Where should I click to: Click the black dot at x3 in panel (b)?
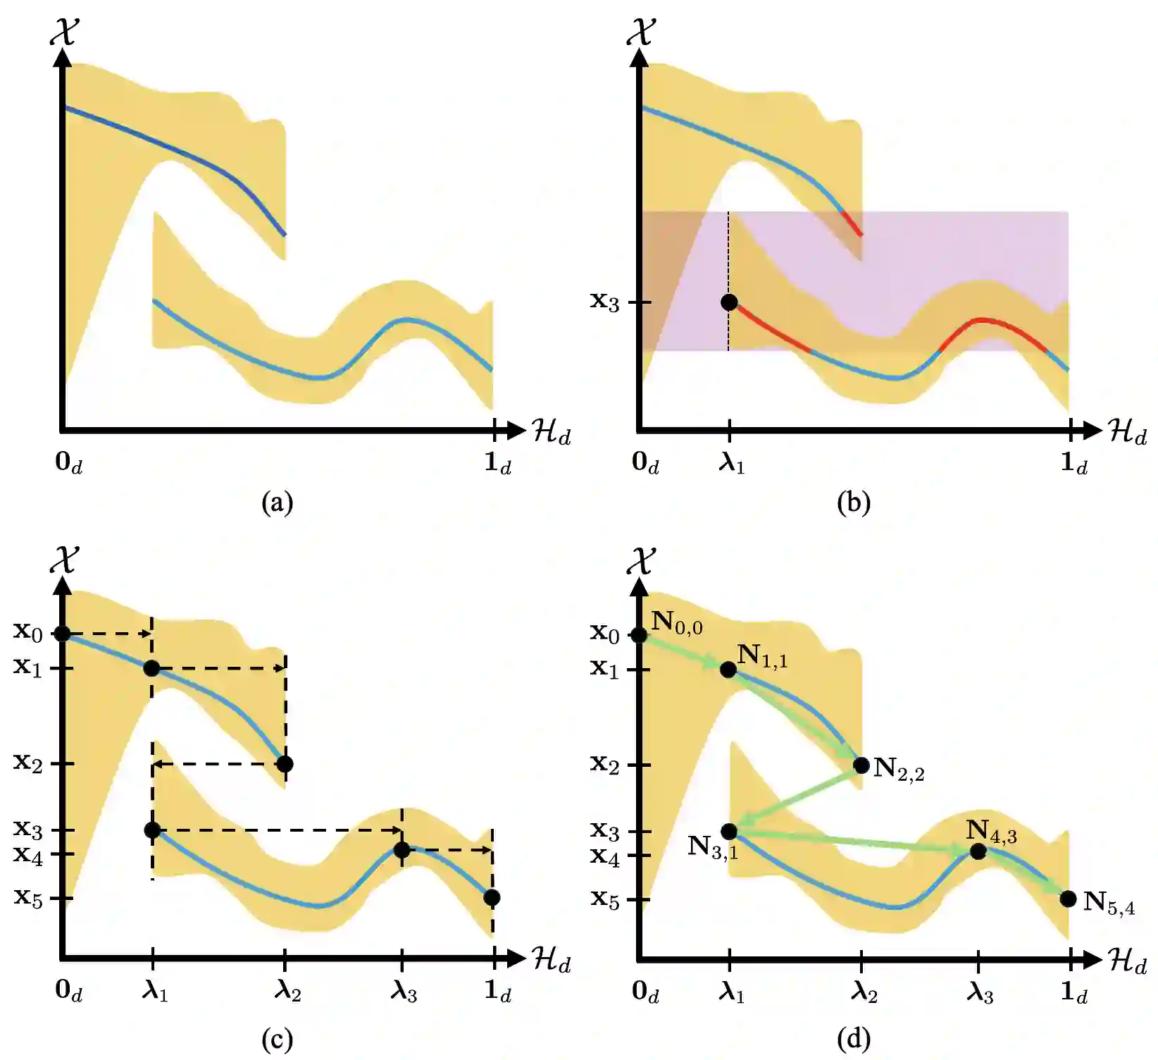[x=729, y=302]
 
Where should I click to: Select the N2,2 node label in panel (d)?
[x=899, y=769]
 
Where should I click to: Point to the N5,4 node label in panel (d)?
[x=1109, y=903]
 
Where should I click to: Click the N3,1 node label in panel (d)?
[x=713, y=846]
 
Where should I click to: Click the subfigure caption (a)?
[x=277, y=503]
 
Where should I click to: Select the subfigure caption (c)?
[x=277, y=1039]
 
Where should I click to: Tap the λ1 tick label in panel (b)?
[x=731, y=463]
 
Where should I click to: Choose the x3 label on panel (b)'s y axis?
[x=605, y=302]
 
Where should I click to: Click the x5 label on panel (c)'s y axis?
[x=28, y=898]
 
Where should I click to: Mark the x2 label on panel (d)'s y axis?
[x=605, y=763]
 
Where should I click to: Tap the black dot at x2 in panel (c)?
[x=285, y=764]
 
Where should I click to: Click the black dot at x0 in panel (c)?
[x=63, y=634]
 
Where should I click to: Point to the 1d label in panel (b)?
[x=1073, y=463]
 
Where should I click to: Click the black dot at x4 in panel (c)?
[x=401, y=850]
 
